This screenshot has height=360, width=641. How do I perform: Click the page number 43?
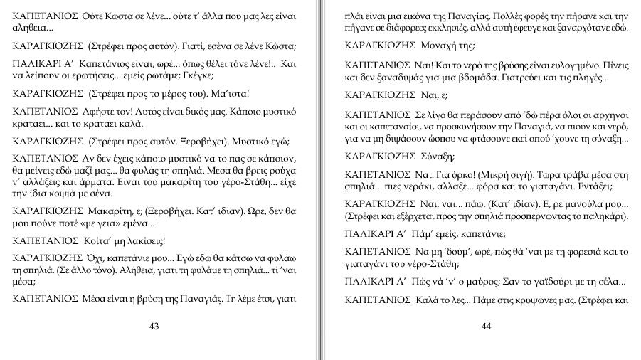coord(154,327)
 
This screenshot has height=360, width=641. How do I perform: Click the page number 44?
coord(487,327)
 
